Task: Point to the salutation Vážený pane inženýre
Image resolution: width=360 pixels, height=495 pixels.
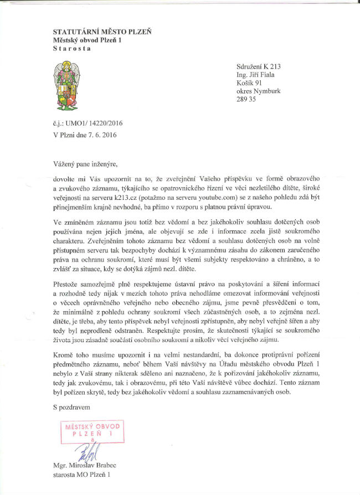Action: (86, 164)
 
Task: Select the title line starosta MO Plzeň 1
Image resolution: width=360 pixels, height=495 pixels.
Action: (83, 475)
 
